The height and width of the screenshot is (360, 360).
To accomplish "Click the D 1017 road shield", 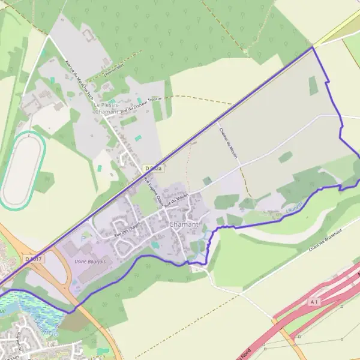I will click(x=35, y=259).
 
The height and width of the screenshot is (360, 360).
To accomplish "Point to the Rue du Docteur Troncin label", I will click(x=142, y=106).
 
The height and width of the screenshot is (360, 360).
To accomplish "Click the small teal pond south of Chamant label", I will click(x=156, y=244).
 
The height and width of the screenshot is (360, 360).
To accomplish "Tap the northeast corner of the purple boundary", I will click(x=313, y=47).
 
